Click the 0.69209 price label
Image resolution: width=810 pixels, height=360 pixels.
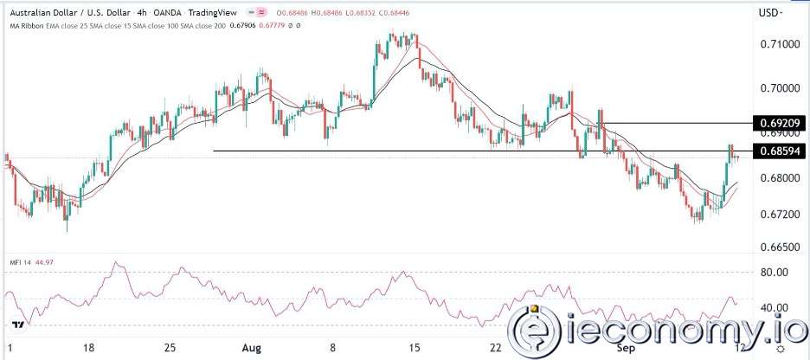(777, 123)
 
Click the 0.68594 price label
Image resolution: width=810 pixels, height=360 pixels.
(777, 151)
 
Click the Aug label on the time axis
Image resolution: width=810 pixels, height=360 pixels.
(252, 346)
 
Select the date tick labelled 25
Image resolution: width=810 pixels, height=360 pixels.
(170, 346)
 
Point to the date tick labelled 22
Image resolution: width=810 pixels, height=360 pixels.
(495, 346)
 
